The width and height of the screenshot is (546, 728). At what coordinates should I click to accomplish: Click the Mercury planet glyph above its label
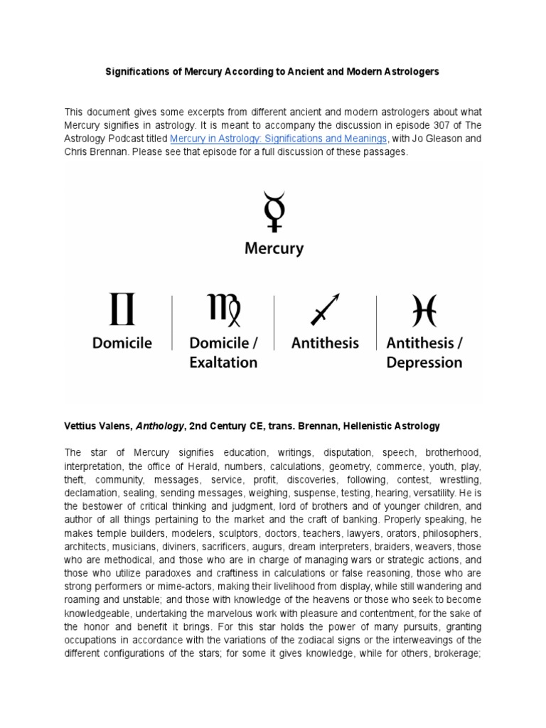tap(273, 211)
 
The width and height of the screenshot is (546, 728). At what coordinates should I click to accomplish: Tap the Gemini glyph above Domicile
tap(122, 310)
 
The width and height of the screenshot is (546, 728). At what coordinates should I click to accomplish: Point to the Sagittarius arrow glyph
tap(325, 310)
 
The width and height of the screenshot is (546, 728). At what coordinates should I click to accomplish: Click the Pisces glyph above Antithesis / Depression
tap(424, 310)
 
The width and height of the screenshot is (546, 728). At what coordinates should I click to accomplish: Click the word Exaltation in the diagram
tap(223, 363)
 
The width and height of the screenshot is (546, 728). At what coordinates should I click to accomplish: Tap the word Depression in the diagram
tap(424, 363)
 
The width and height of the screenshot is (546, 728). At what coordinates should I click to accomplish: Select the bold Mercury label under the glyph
tap(274, 249)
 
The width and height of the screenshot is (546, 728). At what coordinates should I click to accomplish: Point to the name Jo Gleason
tap(439, 139)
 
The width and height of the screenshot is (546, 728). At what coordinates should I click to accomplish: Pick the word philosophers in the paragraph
tap(449, 533)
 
